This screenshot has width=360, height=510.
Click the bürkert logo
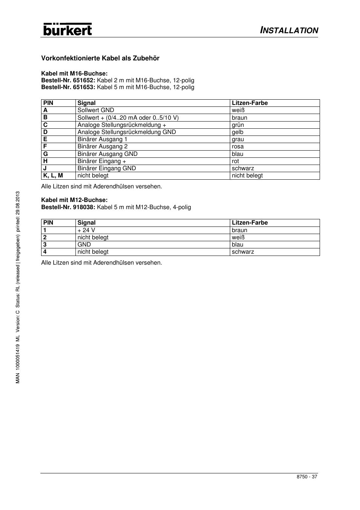(68, 29)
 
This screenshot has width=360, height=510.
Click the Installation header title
(289, 30)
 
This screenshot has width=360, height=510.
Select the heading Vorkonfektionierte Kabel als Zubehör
(100, 58)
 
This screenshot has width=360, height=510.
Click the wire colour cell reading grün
(238, 125)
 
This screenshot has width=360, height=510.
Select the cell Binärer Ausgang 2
(103, 146)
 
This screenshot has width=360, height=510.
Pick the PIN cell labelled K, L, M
(53, 176)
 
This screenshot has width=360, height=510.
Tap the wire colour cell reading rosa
(238, 146)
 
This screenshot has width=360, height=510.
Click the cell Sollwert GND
(96, 110)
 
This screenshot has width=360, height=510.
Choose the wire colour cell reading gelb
(238, 132)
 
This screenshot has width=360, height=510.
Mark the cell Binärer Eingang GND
(107, 168)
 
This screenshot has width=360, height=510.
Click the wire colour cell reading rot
(235, 161)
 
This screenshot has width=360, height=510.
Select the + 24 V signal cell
(86, 230)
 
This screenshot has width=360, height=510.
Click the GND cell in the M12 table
(84, 245)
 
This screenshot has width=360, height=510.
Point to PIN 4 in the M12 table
(45, 252)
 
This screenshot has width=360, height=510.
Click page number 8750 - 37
(307, 477)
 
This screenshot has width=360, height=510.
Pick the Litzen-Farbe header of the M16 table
(250, 103)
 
